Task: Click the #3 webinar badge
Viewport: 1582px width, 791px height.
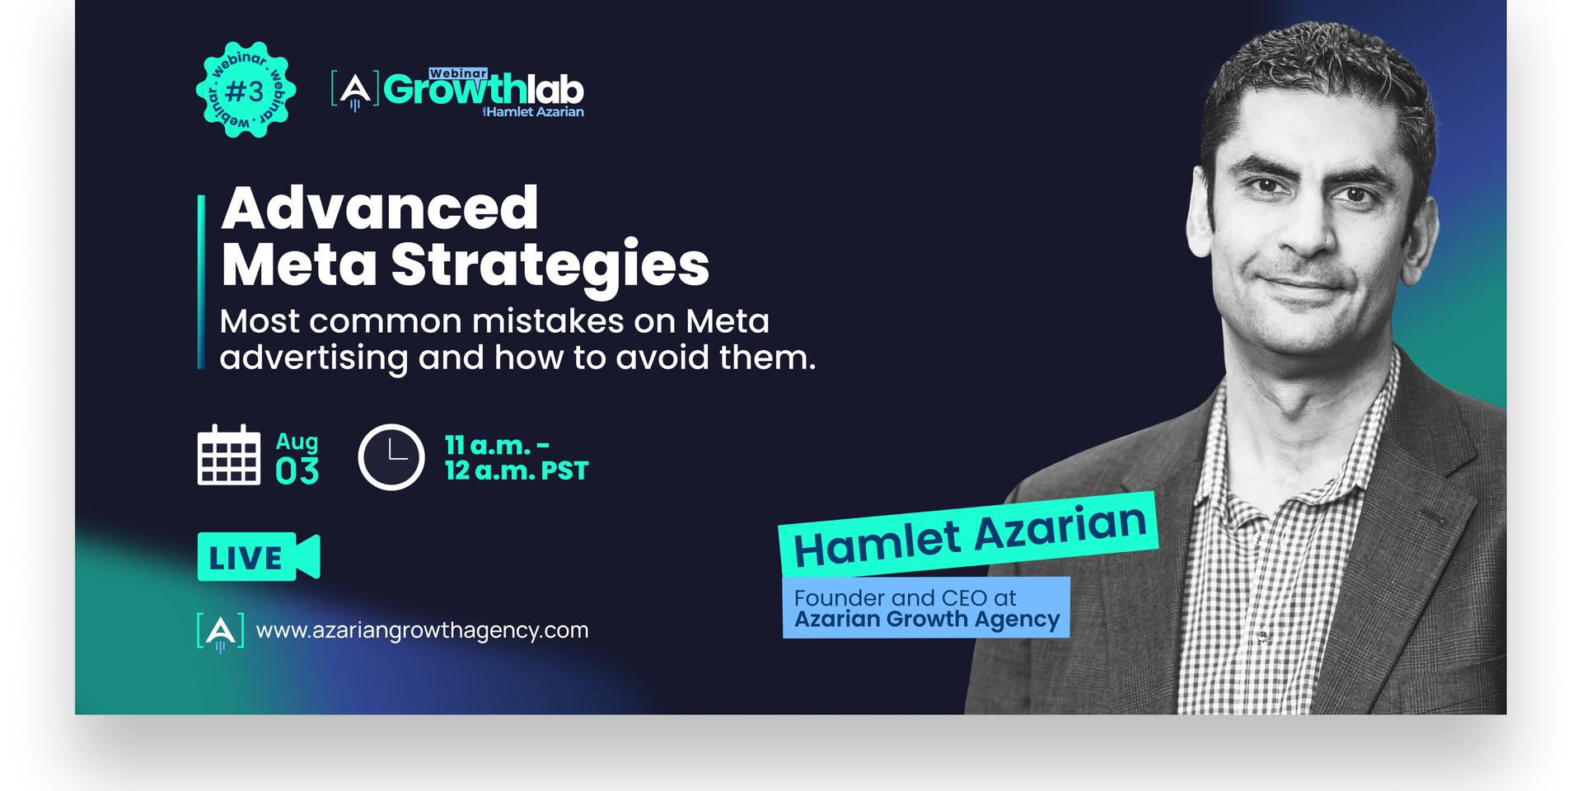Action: point(246,90)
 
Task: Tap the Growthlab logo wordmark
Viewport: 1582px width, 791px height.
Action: point(484,91)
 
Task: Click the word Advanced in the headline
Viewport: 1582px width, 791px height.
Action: point(380,208)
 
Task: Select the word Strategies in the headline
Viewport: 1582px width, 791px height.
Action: point(550,265)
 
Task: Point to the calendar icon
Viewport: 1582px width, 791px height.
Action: point(229,454)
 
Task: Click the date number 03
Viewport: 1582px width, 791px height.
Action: point(297,471)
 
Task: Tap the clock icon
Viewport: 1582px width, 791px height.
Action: point(391,457)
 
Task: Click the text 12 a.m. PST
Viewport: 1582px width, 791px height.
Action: point(517,470)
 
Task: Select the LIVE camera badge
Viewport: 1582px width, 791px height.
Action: point(259,557)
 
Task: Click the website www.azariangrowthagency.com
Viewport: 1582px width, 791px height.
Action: point(423,630)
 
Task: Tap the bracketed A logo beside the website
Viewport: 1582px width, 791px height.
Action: point(220,632)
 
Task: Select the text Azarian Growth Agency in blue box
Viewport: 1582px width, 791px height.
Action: point(927,620)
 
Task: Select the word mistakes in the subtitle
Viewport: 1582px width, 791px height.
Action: point(550,321)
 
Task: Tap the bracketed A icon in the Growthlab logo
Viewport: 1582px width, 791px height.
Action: point(355,91)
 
